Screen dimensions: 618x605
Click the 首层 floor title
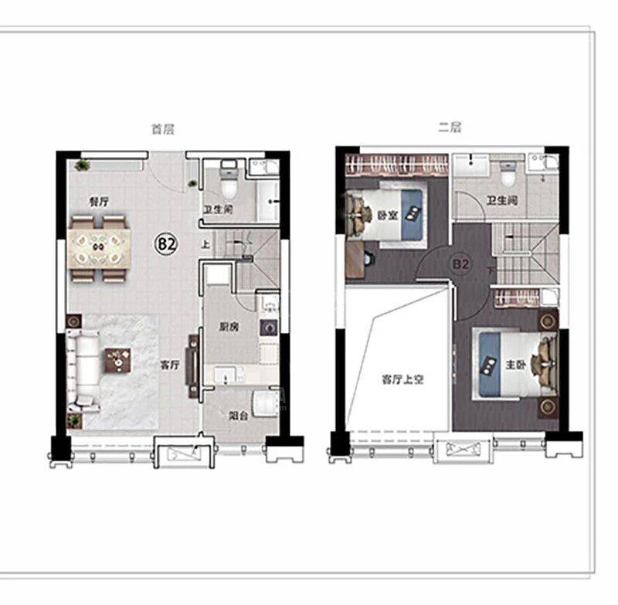click(163, 129)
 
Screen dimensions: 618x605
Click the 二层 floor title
click(450, 127)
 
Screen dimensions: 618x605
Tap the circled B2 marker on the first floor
click(166, 244)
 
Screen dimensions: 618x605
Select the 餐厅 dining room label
click(99, 202)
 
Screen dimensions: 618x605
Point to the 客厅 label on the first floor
click(170, 365)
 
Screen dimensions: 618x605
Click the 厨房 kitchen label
click(229, 327)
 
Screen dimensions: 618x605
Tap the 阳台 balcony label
click(239, 416)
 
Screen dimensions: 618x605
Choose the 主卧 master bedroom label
click(515, 365)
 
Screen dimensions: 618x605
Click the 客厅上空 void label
click(402, 379)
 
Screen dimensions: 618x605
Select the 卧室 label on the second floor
click(388, 216)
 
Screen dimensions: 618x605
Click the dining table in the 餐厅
click(99, 248)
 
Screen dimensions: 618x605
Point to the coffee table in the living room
click(117, 360)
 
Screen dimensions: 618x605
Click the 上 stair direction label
click(205, 244)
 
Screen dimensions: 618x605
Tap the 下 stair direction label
click(491, 270)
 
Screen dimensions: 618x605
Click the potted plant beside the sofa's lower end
click(73, 420)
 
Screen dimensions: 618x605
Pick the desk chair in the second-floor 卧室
click(368, 258)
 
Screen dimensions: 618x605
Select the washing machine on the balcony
click(266, 403)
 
